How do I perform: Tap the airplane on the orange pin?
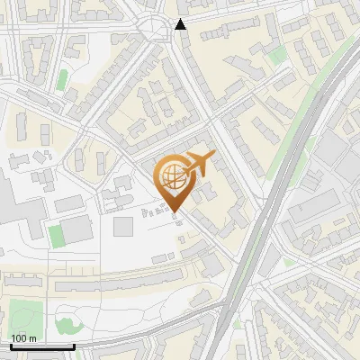pos(199,164)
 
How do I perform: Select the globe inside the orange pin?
pos(173,176)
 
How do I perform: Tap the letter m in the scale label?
pos(32,337)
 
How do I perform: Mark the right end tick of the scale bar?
pos(74,346)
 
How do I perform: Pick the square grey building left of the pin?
pos(122,226)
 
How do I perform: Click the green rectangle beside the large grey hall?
pos(56,236)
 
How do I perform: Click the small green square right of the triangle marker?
pos(279,54)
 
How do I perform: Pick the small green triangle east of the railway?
pos(286,263)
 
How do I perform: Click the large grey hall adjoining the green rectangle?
pos(79,229)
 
